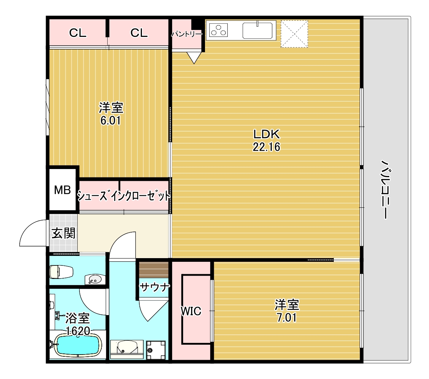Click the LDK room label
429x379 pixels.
click(x=266, y=134)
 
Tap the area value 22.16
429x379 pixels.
click(x=266, y=147)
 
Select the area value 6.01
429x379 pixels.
click(x=111, y=120)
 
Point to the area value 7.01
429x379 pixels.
click(x=287, y=317)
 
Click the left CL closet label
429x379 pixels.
click(x=78, y=33)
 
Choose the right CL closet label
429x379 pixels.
click(x=139, y=33)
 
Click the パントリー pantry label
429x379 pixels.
click(x=186, y=34)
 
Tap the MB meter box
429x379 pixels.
click(x=62, y=190)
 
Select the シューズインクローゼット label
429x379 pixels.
click(x=124, y=196)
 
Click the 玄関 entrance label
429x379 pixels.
click(x=63, y=233)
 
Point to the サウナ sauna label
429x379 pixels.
click(x=155, y=287)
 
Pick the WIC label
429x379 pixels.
click(x=191, y=311)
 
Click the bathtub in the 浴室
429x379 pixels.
click(x=77, y=345)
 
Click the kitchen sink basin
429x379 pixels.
click(x=258, y=30)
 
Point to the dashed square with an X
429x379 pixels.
click(x=294, y=34)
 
